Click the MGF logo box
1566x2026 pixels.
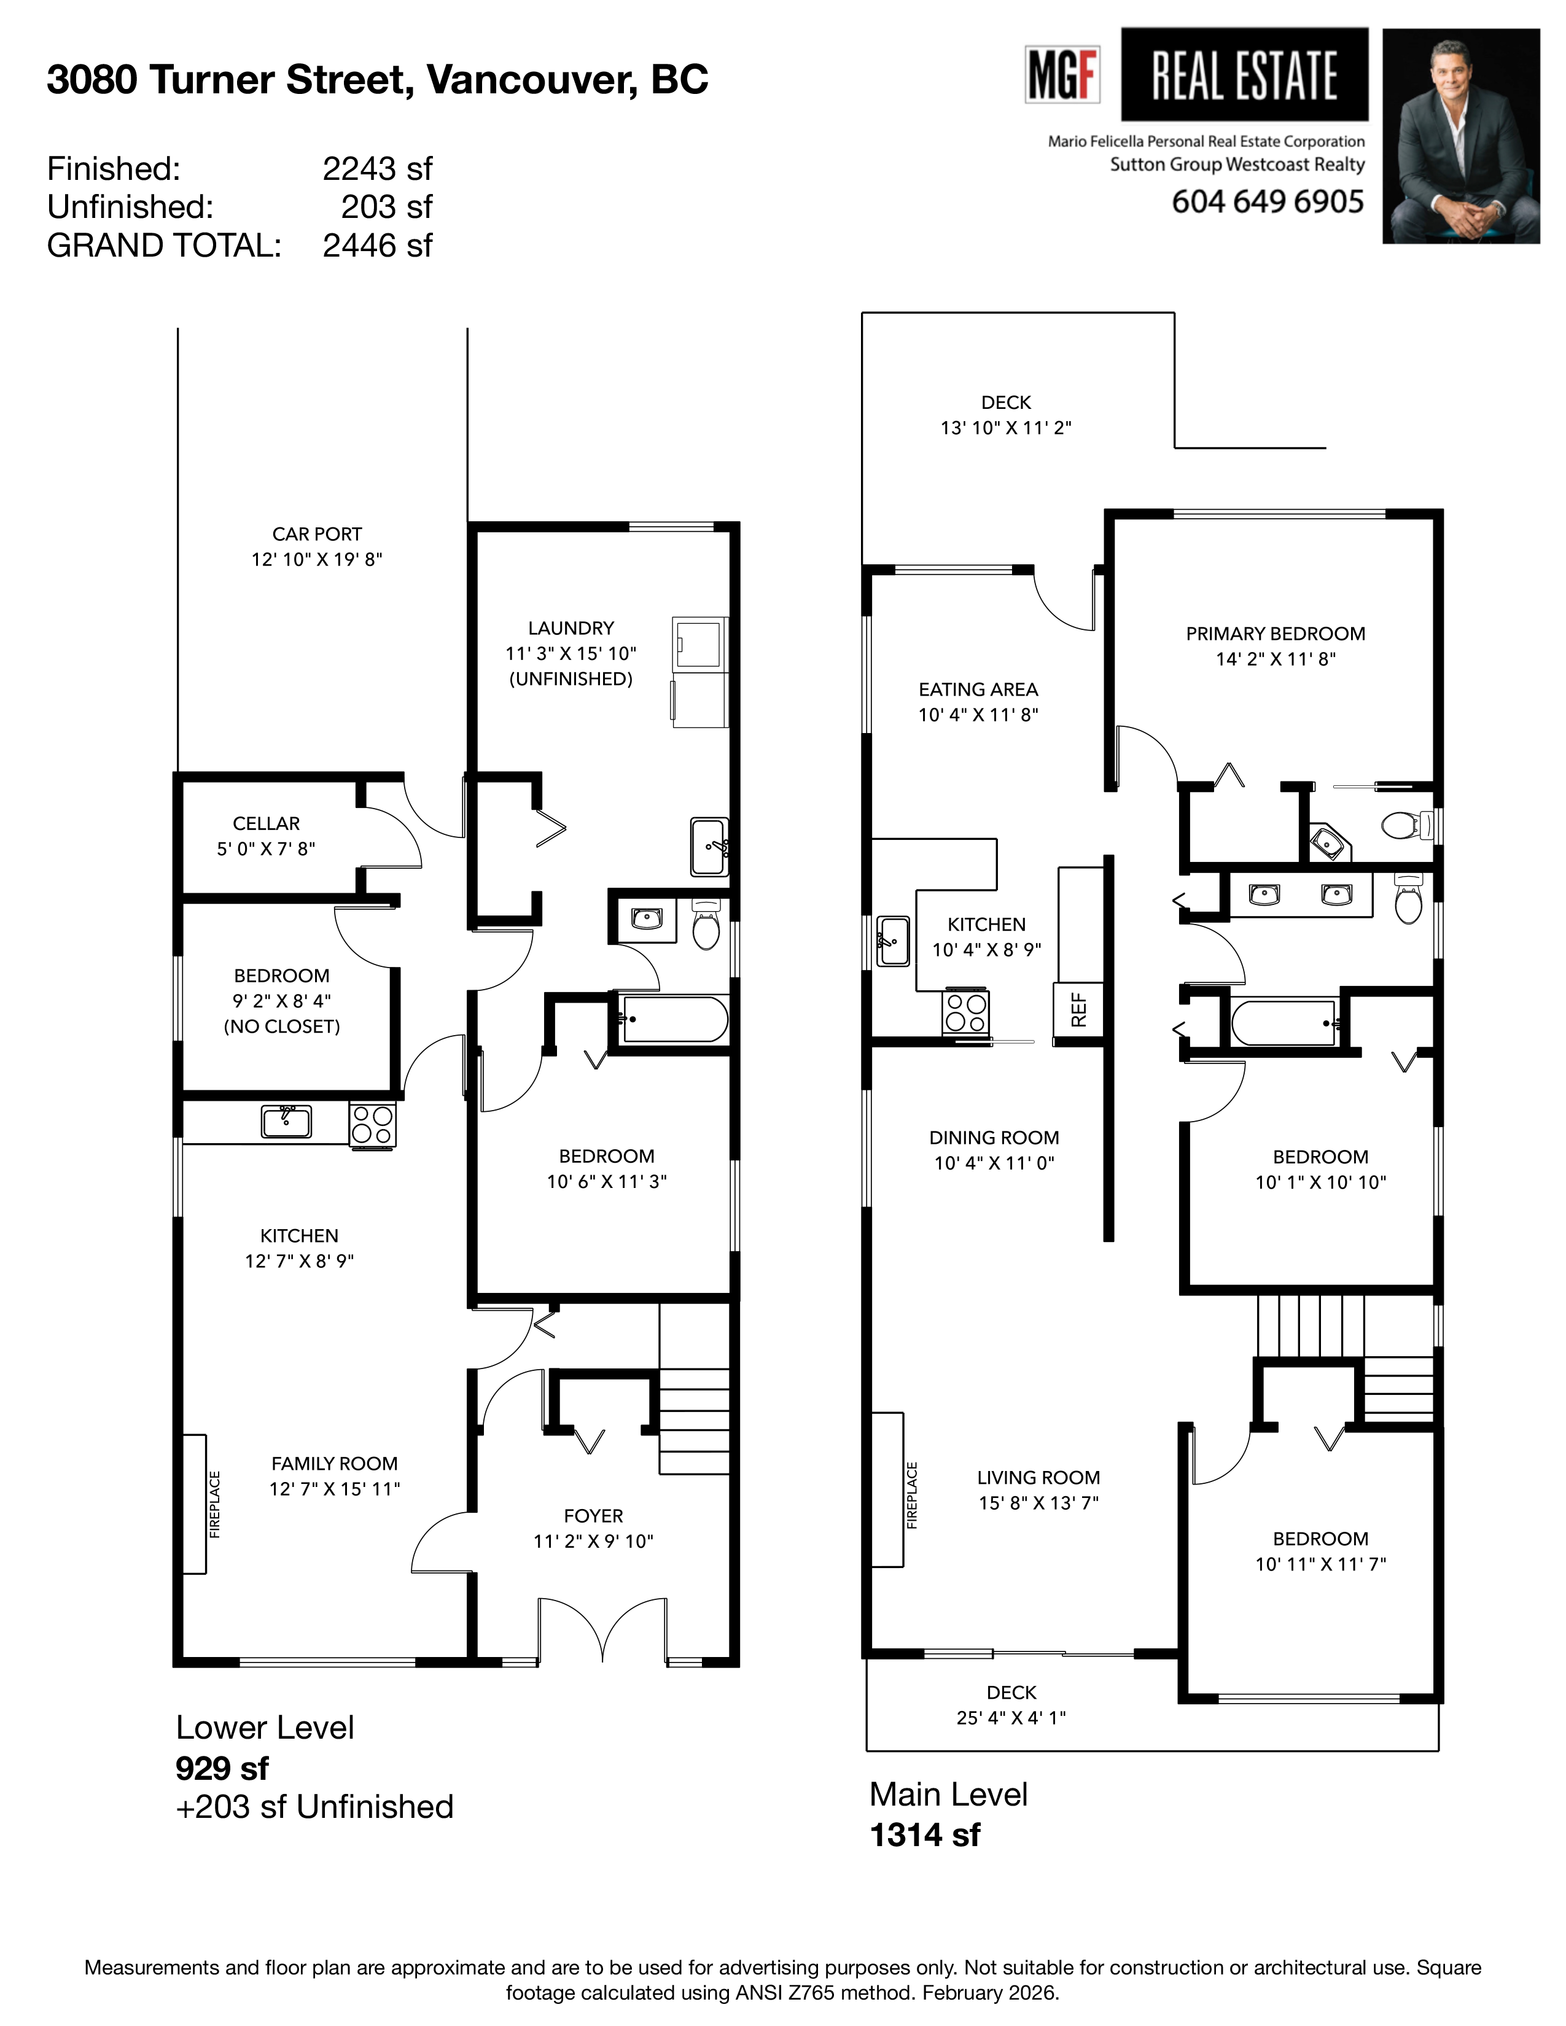point(1062,74)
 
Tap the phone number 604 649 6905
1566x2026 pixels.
point(1268,201)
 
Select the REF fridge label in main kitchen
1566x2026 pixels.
point(1078,1009)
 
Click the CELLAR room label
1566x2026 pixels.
point(267,824)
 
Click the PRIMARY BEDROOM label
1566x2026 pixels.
point(1275,634)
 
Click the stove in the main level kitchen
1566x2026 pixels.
point(966,1012)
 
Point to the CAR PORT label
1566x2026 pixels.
point(316,534)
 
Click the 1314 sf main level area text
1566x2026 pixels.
point(924,1835)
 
